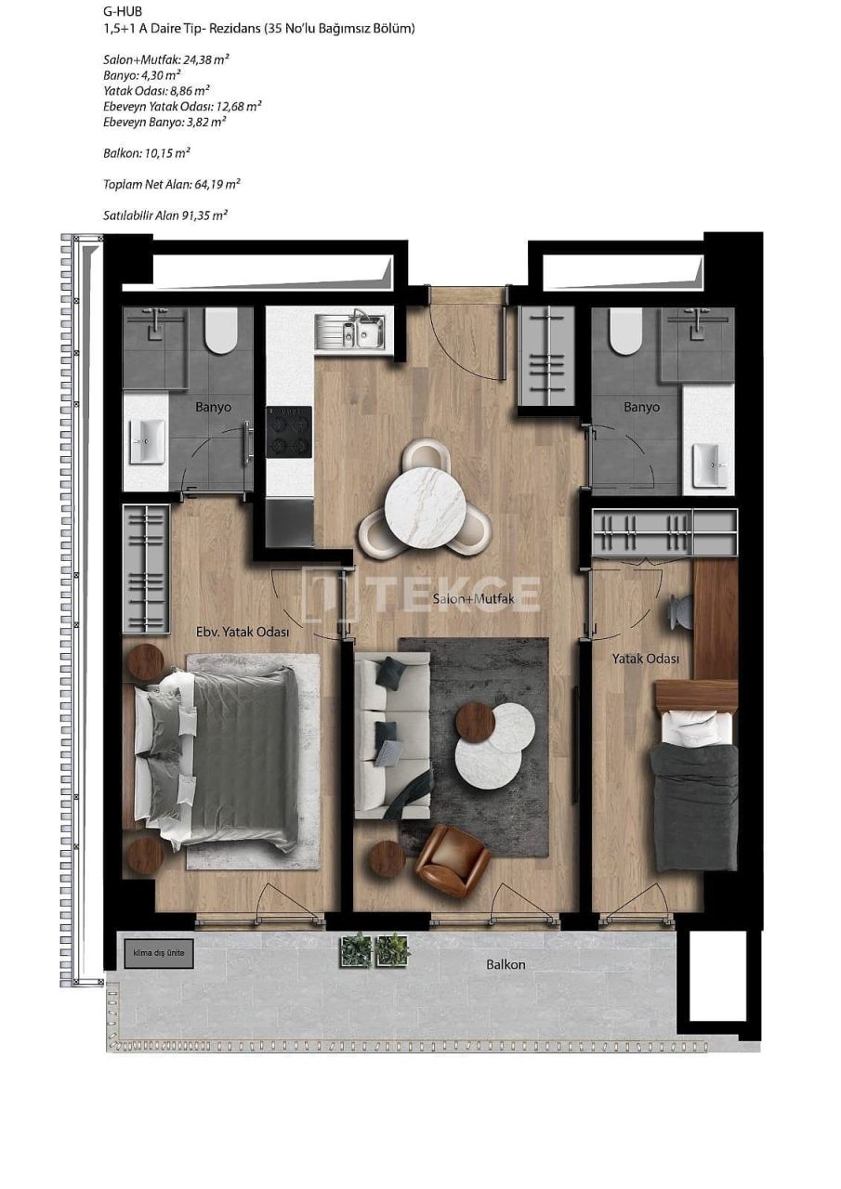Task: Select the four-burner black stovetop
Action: (x=289, y=431)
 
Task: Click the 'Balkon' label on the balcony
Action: (x=506, y=964)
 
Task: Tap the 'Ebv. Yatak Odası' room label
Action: (x=243, y=632)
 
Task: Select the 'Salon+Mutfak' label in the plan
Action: (x=473, y=599)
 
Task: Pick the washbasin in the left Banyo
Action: (x=147, y=442)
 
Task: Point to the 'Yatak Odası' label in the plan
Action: (x=644, y=659)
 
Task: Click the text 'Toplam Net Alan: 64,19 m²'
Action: (x=165, y=184)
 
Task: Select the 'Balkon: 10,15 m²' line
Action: (x=140, y=152)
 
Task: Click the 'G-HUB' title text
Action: (x=123, y=11)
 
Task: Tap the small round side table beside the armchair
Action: (x=388, y=859)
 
